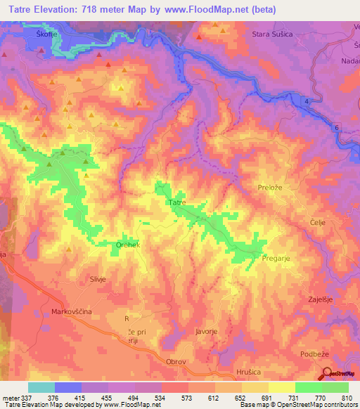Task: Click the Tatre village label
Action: [x=176, y=202]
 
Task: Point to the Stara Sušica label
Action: [x=276, y=33]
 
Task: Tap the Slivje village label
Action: [x=97, y=279]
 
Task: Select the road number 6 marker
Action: [x=337, y=127]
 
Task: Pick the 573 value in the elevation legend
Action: [x=186, y=397]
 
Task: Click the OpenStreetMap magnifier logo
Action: [x=327, y=374]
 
